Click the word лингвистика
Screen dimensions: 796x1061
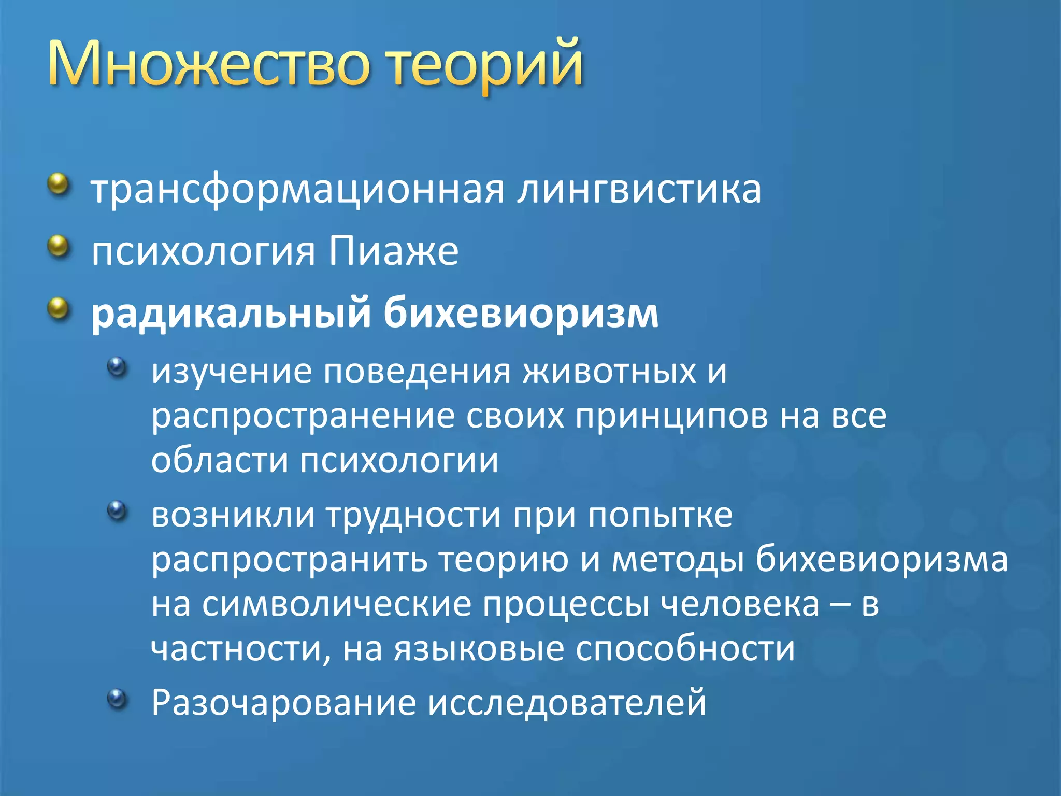[x=639, y=190]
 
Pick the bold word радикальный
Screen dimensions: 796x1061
[x=231, y=314]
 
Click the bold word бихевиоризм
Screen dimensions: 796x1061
[x=521, y=313]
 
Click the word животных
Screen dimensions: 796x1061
[x=609, y=372]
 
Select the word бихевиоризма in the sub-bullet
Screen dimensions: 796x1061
[x=881, y=560]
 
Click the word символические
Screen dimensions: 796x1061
[x=336, y=604]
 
